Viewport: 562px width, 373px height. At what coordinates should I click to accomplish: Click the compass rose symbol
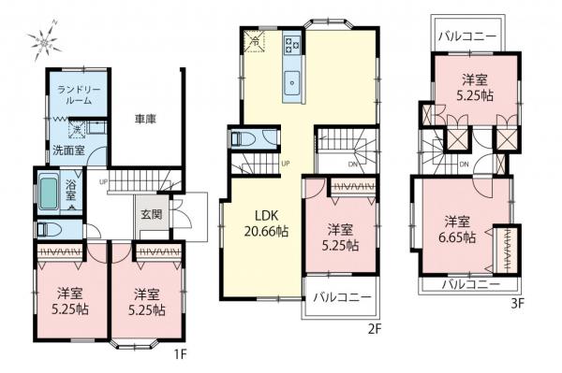[43, 40]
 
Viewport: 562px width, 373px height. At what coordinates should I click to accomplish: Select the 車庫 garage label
[145, 119]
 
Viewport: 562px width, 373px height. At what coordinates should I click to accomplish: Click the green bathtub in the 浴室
[49, 194]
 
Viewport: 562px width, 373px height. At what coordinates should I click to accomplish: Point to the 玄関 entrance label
[151, 214]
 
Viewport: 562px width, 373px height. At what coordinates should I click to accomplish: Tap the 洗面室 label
[68, 151]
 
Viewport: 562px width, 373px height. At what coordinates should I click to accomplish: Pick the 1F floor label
[180, 354]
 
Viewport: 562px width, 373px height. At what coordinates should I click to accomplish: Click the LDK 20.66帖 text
[266, 223]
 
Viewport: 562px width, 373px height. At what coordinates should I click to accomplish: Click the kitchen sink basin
[292, 83]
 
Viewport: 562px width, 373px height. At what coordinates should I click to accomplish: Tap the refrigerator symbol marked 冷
[255, 42]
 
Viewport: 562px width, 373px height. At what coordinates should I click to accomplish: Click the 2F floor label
[374, 329]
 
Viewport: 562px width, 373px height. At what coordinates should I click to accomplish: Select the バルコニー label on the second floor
[342, 297]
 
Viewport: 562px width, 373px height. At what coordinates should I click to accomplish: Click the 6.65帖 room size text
[458, 237]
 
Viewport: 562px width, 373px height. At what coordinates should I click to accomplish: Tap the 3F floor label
[517, 304]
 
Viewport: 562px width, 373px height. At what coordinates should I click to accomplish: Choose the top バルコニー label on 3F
[467, 36]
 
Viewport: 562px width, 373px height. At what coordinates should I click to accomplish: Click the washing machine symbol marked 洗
[77, 129]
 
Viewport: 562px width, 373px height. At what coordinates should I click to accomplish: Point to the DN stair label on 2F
[353, 165]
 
